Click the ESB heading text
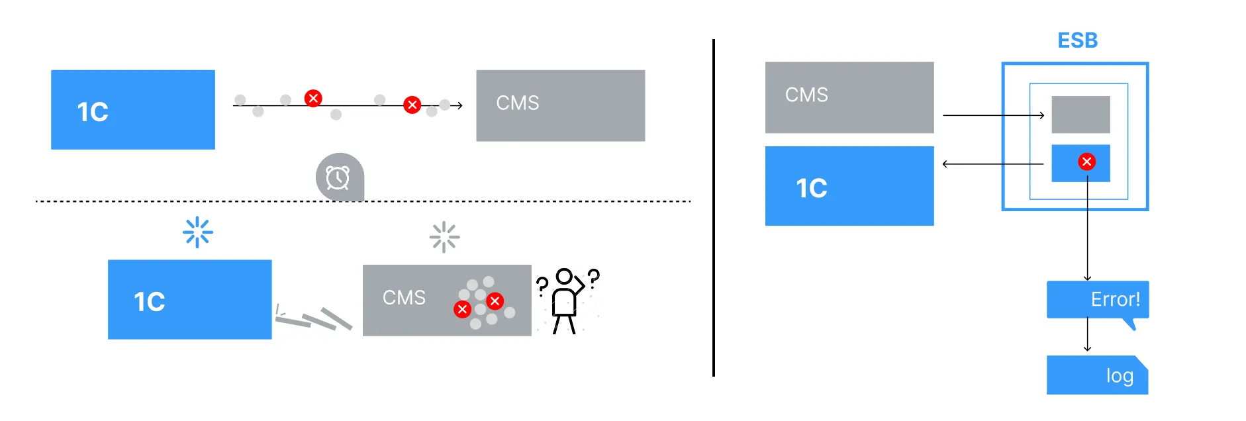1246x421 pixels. tap(1077, 40)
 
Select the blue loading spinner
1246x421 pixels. tap(197, 232)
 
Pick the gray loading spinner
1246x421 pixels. tap(444, 237)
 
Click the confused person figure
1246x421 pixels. tap(565, 301)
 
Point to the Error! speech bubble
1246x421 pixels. tap(1098, 301)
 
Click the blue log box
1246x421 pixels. tap(1097, 375)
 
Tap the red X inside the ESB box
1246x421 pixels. tap(1086, 162)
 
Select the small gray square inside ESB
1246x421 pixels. tap(1080, 115)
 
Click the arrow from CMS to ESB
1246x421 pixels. tap(994, 115)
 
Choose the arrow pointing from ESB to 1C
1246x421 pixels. tap(992, 164)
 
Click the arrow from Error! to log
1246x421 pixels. tap(1087, 334)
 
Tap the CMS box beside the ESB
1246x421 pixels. tap(849, 97)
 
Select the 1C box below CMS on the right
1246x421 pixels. tap(849, 186)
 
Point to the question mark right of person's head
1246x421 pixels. tap(593, 278)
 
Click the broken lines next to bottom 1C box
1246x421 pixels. tap(312, 318)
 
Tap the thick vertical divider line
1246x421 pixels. tap(714, 208)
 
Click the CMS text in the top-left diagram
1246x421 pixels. tap(518, 103)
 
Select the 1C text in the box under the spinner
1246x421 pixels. tap(150, 302)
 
